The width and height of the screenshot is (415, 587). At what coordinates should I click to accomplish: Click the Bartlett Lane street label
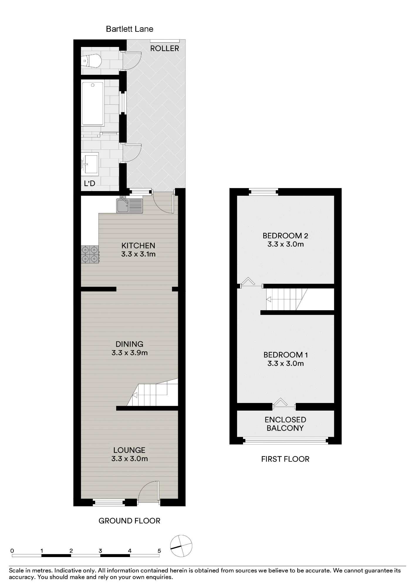[129, 29]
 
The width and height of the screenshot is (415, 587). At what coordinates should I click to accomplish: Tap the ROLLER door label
[165, 48]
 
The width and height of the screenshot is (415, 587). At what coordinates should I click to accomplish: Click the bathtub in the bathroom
[93, 104]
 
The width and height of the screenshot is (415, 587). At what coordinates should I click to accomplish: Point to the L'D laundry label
[90, 183]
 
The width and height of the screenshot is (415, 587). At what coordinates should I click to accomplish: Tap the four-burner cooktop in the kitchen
[90, 254]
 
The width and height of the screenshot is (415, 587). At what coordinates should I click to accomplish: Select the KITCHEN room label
[138, 245]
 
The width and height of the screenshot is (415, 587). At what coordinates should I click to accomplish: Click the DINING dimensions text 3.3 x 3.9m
[129, 353]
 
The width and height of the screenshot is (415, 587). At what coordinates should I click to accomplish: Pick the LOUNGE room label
[129, 450]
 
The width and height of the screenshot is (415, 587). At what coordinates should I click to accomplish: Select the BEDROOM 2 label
[285, 235]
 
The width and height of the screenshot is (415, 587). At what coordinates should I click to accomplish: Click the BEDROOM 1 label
[286, 355]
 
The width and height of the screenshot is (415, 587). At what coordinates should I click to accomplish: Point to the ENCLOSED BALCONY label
[285, 424]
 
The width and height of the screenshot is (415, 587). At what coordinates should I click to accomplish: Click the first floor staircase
[286, 299]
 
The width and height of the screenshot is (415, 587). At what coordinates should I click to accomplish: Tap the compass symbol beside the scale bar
[181, 546]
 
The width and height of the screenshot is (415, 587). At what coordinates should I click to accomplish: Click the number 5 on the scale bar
[159, 551]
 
